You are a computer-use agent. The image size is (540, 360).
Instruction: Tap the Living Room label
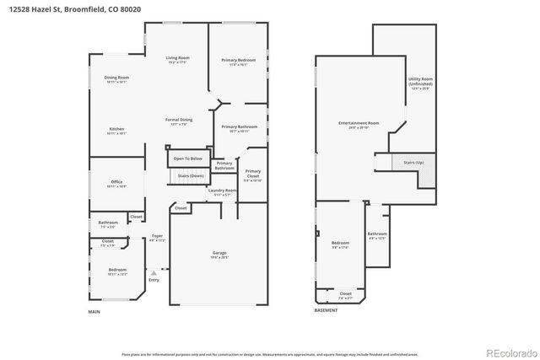(177, 59)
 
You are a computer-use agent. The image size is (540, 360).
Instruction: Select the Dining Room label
(116, 79)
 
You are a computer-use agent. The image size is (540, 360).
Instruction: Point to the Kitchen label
(116, 131)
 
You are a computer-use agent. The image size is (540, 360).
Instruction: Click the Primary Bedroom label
(239, 62)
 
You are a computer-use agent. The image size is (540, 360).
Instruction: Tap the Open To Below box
(188, 158)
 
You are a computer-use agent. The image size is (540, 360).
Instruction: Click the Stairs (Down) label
(190, 175)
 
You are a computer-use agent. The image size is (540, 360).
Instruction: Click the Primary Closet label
(253, 175)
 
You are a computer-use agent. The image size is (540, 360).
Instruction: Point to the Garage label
(219, 255)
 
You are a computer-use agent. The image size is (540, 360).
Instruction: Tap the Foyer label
(157, 238)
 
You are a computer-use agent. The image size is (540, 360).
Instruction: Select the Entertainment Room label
(359, 124)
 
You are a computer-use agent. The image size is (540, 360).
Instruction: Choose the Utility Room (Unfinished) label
(419, 83)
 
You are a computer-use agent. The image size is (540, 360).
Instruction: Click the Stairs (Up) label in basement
(413, 161)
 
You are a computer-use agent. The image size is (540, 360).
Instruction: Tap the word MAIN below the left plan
(94, 312)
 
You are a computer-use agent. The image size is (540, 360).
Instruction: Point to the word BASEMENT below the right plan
(327, 312)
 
